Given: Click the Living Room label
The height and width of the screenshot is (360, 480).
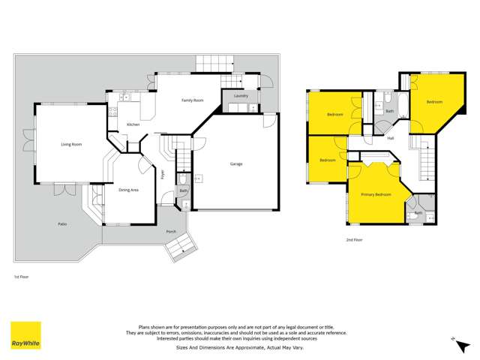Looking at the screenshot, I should (71, 144).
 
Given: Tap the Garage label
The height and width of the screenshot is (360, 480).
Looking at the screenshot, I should (235, 163).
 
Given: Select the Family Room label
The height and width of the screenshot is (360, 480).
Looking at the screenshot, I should (193, 100).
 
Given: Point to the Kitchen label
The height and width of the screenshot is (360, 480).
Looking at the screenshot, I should (133, 124).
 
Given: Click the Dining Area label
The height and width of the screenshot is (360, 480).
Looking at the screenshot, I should (128, 190).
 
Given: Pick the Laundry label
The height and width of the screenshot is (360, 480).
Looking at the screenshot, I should (241, 96).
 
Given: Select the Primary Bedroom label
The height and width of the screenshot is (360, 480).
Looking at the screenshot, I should (376, 194).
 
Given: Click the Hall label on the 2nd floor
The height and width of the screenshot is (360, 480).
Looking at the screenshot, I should (391, 139).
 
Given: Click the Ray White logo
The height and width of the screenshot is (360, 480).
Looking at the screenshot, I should (25, 335).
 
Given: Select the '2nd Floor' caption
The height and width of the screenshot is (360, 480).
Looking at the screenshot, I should (354, 240).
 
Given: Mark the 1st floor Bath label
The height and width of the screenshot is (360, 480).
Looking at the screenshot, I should (183, 190).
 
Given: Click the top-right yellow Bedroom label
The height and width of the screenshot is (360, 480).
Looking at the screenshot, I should (434, 101).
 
